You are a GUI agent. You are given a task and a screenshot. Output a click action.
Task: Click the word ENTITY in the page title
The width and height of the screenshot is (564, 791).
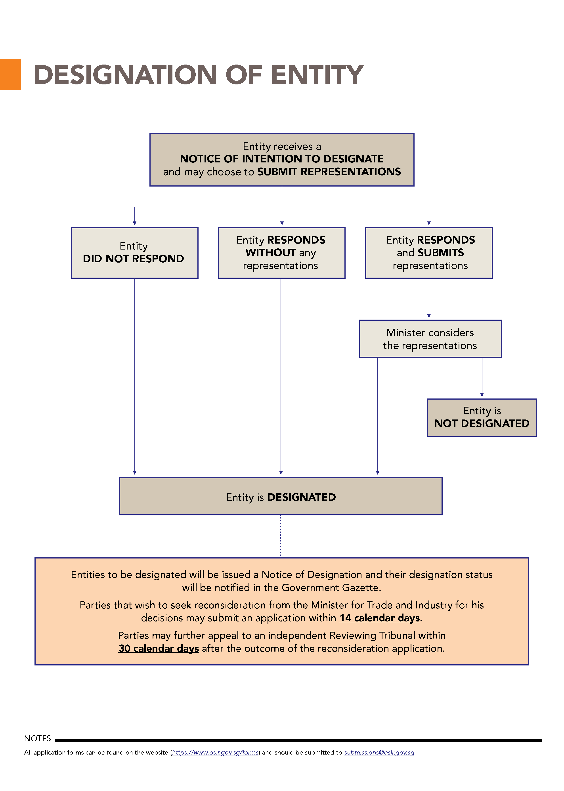(x=317, y=75)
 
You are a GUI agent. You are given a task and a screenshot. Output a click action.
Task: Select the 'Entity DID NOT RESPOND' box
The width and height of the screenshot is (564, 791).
(x=135, y=253)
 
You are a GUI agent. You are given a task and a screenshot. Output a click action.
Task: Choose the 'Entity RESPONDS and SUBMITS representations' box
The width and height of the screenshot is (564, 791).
(x=429, y=253)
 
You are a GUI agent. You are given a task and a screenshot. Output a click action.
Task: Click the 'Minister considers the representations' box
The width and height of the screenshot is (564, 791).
(x=430, y=339)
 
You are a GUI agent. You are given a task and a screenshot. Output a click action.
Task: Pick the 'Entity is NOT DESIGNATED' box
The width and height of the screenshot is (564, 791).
(x=482, y=417)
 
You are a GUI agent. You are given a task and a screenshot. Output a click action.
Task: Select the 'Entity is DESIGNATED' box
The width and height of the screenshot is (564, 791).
(x=281, y=496)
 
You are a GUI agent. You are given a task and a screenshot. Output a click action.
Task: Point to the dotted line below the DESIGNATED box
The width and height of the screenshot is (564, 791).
(x=281, y=536)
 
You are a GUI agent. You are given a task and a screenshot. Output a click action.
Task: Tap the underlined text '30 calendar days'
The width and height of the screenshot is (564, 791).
(x=159, y=649)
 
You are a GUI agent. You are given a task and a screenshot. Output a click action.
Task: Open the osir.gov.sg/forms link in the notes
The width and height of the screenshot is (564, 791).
(x=215, y=753)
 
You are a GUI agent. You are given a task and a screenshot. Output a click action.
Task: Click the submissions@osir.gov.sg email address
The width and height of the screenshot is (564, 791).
(x=379, y=753)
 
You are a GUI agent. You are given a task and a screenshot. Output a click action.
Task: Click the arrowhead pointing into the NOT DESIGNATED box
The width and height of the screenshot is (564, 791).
(x=482, y=395)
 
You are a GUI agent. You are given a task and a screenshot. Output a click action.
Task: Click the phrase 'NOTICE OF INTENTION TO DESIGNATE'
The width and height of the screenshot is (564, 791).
(x=282, y=159)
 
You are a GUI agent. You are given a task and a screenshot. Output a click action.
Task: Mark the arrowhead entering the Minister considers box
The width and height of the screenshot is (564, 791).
(x=429, y=316)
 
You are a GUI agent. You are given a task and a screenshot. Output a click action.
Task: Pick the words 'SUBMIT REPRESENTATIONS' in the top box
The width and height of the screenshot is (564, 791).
(x=329, y=172)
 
